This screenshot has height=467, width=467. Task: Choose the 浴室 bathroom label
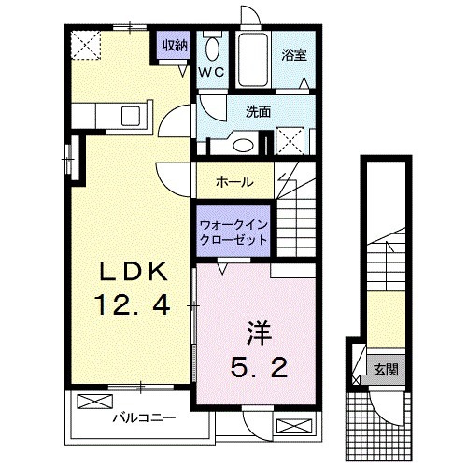tap(293, 55)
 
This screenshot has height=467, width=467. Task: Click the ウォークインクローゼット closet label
tap(233, 232)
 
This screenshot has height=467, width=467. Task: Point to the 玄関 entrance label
tap(386, 369)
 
